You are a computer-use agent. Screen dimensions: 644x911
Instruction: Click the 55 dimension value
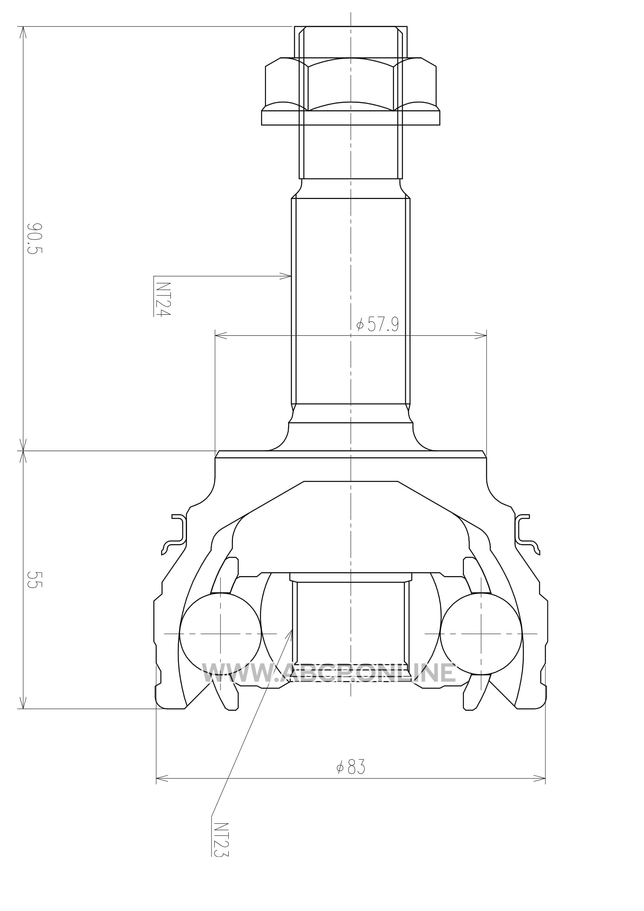[34, 579]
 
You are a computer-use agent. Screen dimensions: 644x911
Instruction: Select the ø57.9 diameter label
[378, 324]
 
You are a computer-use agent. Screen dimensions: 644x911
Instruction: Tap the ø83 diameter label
[350, 767]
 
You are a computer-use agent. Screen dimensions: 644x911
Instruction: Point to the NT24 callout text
[162, 300]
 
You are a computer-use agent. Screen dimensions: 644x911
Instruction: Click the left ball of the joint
[221, 634]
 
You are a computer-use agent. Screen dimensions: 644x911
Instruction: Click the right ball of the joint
[481, 634]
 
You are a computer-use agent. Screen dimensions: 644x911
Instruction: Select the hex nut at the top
[351, 84]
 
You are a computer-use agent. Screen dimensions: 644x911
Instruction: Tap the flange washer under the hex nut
[351, 118]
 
